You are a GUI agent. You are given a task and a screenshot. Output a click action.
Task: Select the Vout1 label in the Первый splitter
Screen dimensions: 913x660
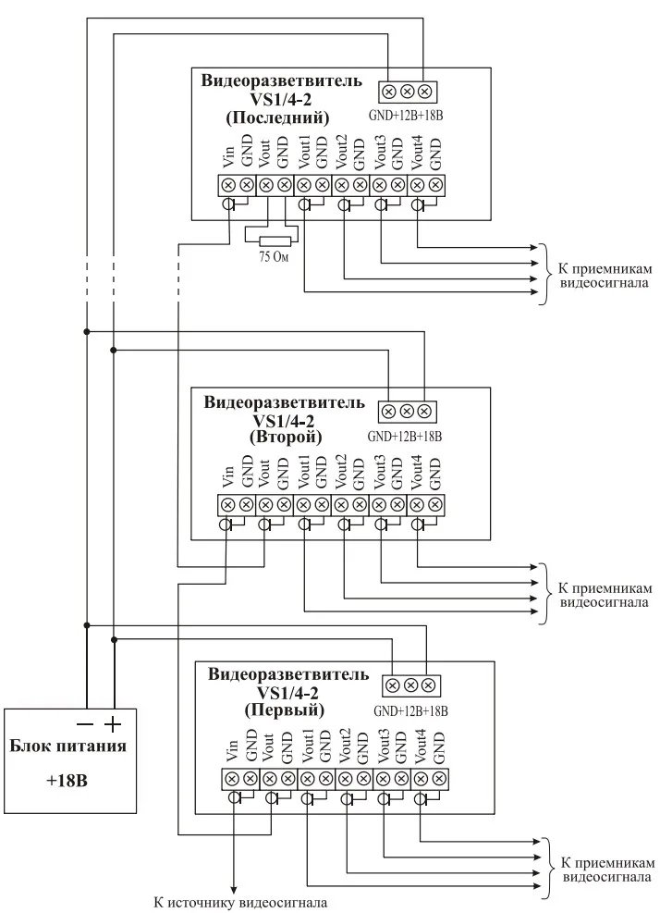tap(307, 747)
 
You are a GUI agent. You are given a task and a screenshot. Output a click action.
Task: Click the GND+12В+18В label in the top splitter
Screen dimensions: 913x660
tap(407, 116)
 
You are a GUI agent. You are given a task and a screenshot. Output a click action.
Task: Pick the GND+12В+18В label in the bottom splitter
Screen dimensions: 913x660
tap(411, 711)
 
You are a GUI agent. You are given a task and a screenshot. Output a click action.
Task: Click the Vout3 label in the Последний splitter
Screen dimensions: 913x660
tap(380, 152)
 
